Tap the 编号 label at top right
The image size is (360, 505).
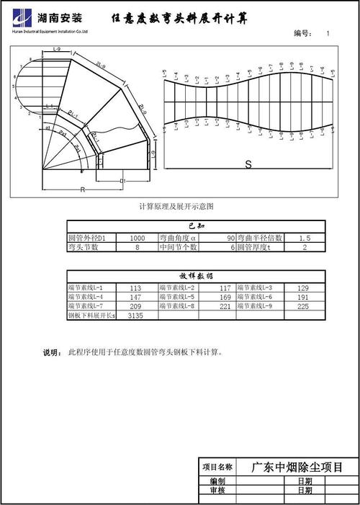(302, 34)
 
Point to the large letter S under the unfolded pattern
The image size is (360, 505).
(248, 164)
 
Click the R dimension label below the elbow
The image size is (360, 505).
(83, 190)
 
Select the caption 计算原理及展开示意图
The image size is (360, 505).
(176, 207)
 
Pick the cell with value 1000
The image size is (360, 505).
(138, 237)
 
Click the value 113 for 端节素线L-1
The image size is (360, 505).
(135, 287)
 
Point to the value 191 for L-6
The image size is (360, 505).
(303, 297)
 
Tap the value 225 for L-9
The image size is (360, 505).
(303, 306)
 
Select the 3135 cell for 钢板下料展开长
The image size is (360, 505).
(135, 316)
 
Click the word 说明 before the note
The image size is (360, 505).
(52, 353)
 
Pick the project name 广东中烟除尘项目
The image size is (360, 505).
(296, 467)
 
